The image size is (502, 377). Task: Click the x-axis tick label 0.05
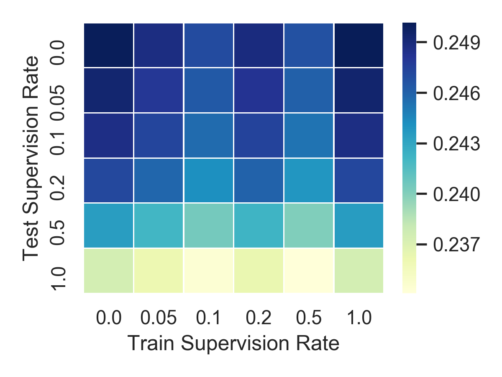point(159,319)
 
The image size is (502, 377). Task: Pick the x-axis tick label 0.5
point(309,319)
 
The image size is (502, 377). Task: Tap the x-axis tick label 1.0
point(359,319)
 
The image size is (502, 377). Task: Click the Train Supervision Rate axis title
point(233,343)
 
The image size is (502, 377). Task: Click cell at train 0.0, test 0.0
point(109,45)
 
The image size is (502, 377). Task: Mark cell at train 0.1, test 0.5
point(209,226)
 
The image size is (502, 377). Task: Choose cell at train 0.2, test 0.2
point(259,181)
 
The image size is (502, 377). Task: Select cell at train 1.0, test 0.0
point(359,45)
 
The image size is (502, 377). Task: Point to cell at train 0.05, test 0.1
point(159,135)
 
